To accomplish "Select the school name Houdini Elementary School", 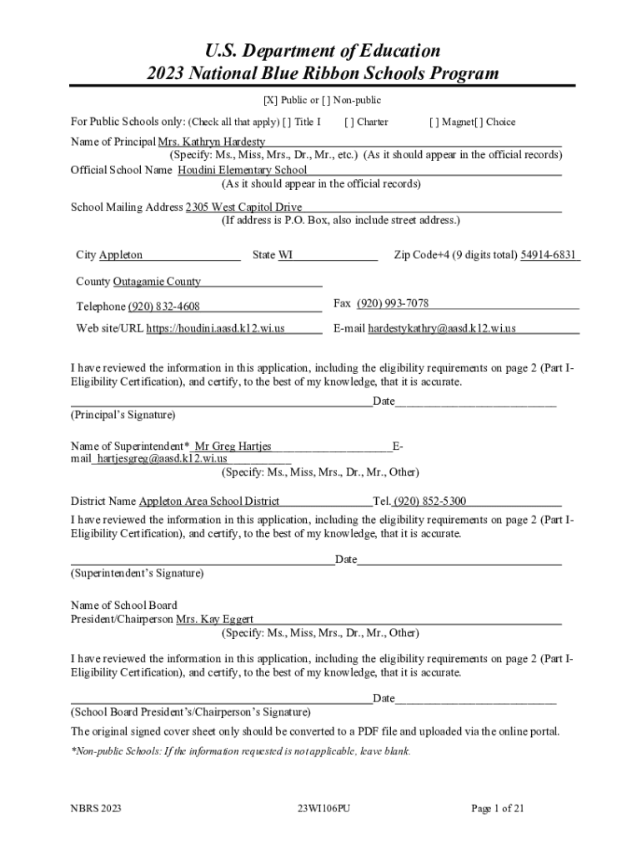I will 243,170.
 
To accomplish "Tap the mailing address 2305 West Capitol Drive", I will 243,207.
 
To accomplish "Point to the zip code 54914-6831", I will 549,255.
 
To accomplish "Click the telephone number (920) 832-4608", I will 163,307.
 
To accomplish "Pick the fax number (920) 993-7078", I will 393,303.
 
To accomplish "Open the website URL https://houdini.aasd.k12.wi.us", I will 216,328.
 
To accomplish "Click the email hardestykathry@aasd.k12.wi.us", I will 442,328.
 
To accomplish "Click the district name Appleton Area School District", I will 209,501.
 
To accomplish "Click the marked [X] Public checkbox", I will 270,101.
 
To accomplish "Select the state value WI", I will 285,255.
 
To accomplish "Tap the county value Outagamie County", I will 157,282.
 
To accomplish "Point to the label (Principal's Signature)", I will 123,414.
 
